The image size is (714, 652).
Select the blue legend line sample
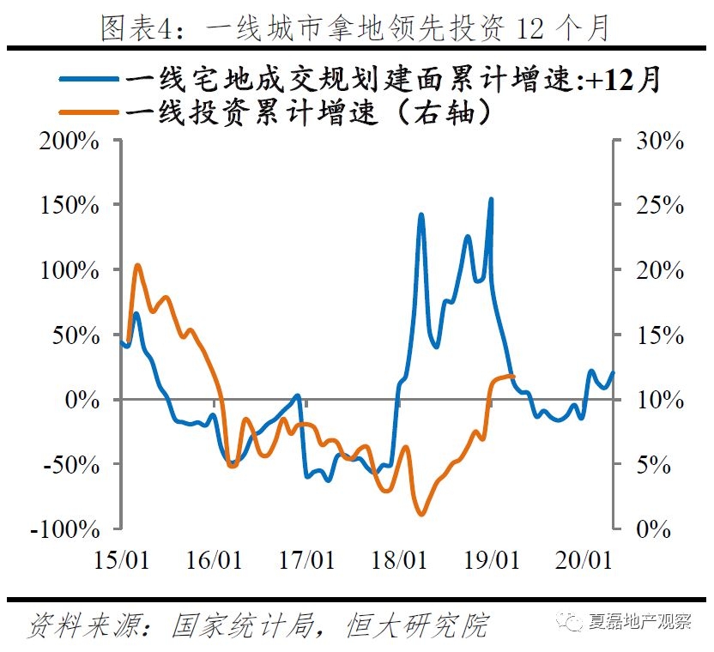tap(90, 79)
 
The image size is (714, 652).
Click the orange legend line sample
tap(90, 111)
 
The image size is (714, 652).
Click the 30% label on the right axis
tap(655, 142)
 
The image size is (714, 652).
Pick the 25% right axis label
tap(655, 206)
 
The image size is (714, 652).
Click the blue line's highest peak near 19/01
tap(491, 199)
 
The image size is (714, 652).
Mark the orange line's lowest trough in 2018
tap(421, 514)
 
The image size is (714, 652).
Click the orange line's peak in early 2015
tap(137, 265)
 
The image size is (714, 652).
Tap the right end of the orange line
tap(513, 376)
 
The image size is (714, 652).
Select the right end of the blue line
tap(613, 372)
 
